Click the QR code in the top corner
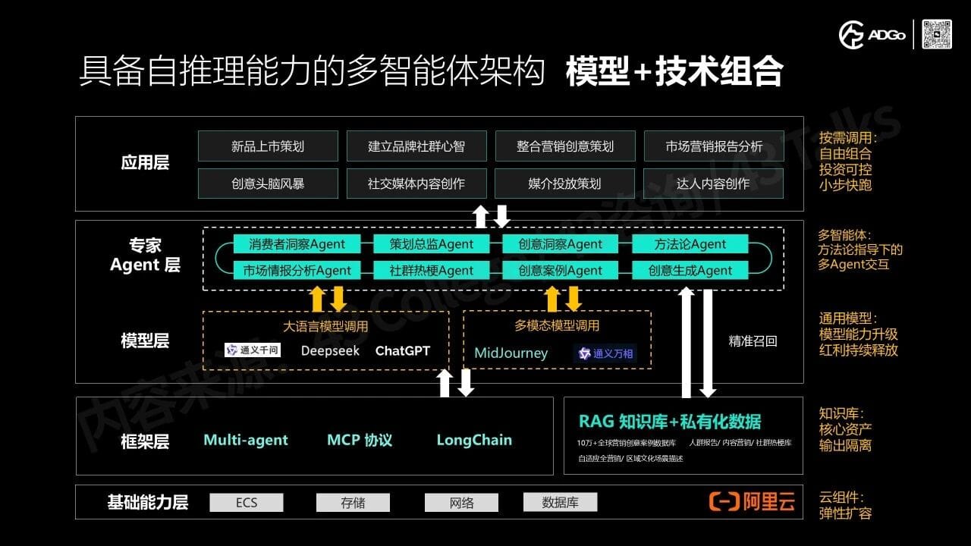pos(937,34)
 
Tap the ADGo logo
pos(872,35)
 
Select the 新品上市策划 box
pos(267,146)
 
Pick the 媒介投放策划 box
pos(564,184)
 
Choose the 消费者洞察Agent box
pos(297,244)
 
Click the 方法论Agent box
pos(690,244)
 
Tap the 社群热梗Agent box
pos(431,270)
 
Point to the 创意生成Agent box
pos(690,270)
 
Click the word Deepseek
pos(330,350)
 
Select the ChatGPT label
pos(402,350)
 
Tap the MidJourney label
pos(511,353)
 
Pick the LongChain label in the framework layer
pos(474,440)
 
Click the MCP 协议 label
pos(360,440)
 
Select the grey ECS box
pos(247,502)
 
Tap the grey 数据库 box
pos(560,502)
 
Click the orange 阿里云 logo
pos(752,501)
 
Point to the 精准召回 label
pos(753,341)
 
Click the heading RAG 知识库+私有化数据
pos(669,422)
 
